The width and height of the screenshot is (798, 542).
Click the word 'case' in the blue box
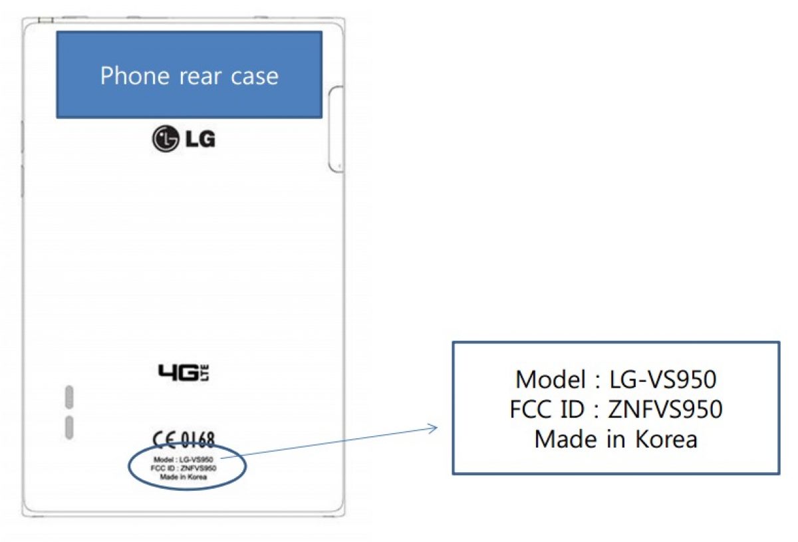(x=255, y=76)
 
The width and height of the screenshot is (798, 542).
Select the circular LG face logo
(x=165, y=140)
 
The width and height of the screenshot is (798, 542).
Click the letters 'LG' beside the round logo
(x=199, y=140)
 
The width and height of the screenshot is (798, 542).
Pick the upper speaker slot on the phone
(x=68, y=396)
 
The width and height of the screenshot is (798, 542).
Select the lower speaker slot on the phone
(x=68, y=428)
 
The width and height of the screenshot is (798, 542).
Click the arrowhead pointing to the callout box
(x=434, y=428)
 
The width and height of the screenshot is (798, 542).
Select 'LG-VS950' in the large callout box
(x=663, y=380)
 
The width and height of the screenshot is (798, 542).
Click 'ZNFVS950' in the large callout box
(x=666, y=410)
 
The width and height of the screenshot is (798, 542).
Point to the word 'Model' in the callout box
(x=548, y=380)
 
